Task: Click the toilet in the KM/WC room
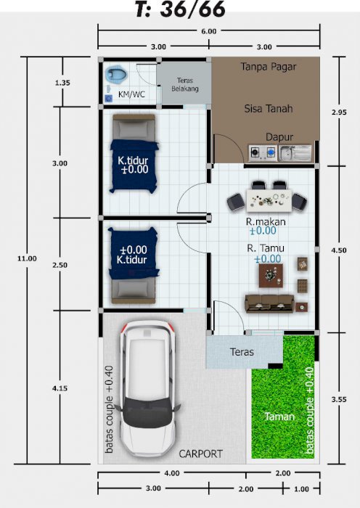(116, 74)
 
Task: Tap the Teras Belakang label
(185, 84)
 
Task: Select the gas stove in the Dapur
(263, 152)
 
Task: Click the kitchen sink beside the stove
(295, 153)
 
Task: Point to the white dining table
(269, 200)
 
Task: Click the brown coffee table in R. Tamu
(271, 275)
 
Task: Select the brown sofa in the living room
(269, 303)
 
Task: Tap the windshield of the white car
(148, 409)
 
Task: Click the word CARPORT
(200, 454)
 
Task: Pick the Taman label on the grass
(279, 417)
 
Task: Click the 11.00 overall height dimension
(27, 258)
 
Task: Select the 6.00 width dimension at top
(209, 31)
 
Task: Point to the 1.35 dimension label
(62, 83)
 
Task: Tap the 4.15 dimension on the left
(60, 388)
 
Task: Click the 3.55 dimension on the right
(339, 399)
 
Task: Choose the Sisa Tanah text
(269, 109)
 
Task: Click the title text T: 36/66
(180, 9)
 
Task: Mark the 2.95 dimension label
(339, 112)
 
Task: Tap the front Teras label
(242, 352)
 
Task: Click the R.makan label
(266, 221)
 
